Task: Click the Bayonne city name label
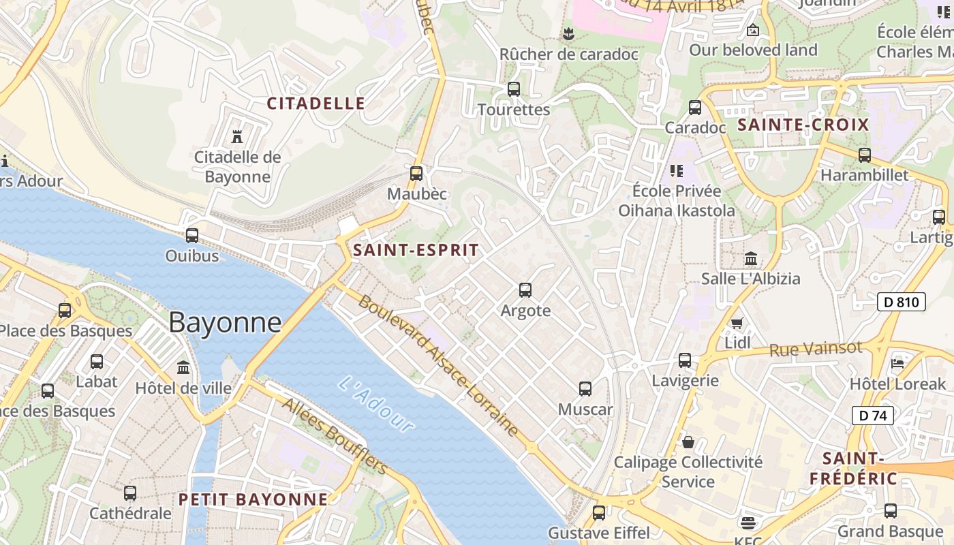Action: point(225,322)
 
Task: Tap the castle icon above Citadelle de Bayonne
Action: point(237,137)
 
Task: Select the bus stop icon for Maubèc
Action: point(416,174)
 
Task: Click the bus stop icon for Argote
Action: point(525,290)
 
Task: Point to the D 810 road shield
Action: point(901,302)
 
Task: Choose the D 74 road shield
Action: point(872,415)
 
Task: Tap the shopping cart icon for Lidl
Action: point(737,323)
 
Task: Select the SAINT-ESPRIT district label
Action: point(416,250)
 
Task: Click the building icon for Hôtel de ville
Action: point(183,368)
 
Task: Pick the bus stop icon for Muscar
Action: point(585,389)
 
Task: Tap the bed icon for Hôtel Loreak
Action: point(897,363)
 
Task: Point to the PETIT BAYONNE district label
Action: point(253,499)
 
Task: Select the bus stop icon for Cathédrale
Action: point(130,493)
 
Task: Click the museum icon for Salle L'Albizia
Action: point(751,259)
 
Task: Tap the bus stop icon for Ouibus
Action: point(192,236)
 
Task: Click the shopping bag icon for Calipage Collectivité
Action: point(688,442)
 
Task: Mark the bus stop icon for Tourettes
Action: point(514,89)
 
